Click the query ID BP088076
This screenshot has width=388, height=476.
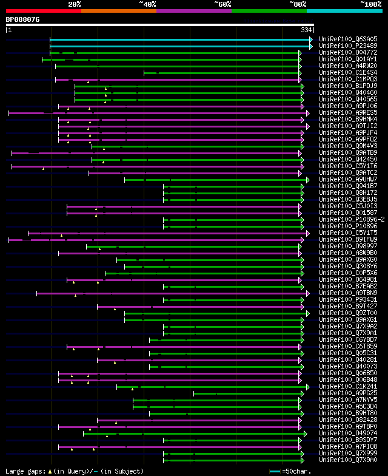pos(23,19)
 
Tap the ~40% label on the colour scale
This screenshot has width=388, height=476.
pos(147,4)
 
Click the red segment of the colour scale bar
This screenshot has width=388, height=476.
pos(43,10)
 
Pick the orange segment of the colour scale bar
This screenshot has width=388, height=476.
pos(118,10)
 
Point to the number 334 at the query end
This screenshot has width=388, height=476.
pos(306,30)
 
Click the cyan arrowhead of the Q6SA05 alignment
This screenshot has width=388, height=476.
pos(310,39)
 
